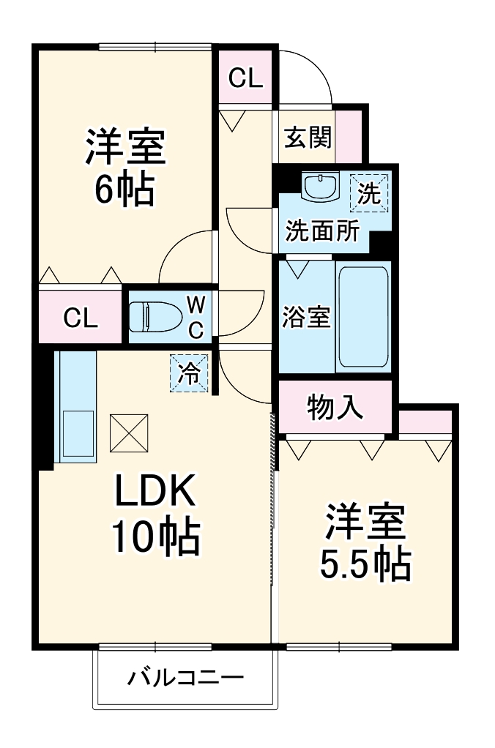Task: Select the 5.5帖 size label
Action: coord(364,563)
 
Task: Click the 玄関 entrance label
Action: coord(307,136)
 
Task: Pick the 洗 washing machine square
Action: coord(369,192)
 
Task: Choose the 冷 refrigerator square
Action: coord(190,373)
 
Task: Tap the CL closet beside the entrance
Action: coord(245,78)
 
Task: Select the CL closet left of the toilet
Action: coord(80,318)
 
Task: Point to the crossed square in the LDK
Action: coord(130,433)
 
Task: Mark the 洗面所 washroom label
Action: coord(321,231)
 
